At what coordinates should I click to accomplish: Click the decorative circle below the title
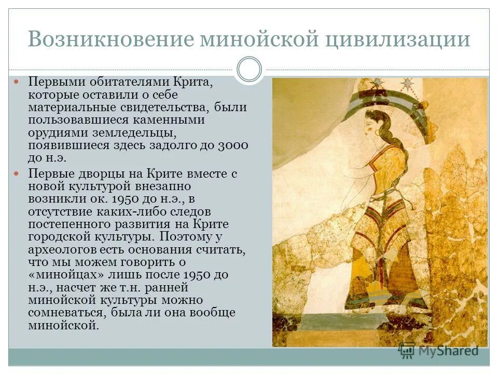point(250,70)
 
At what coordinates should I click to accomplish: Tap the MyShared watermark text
point(445,351)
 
